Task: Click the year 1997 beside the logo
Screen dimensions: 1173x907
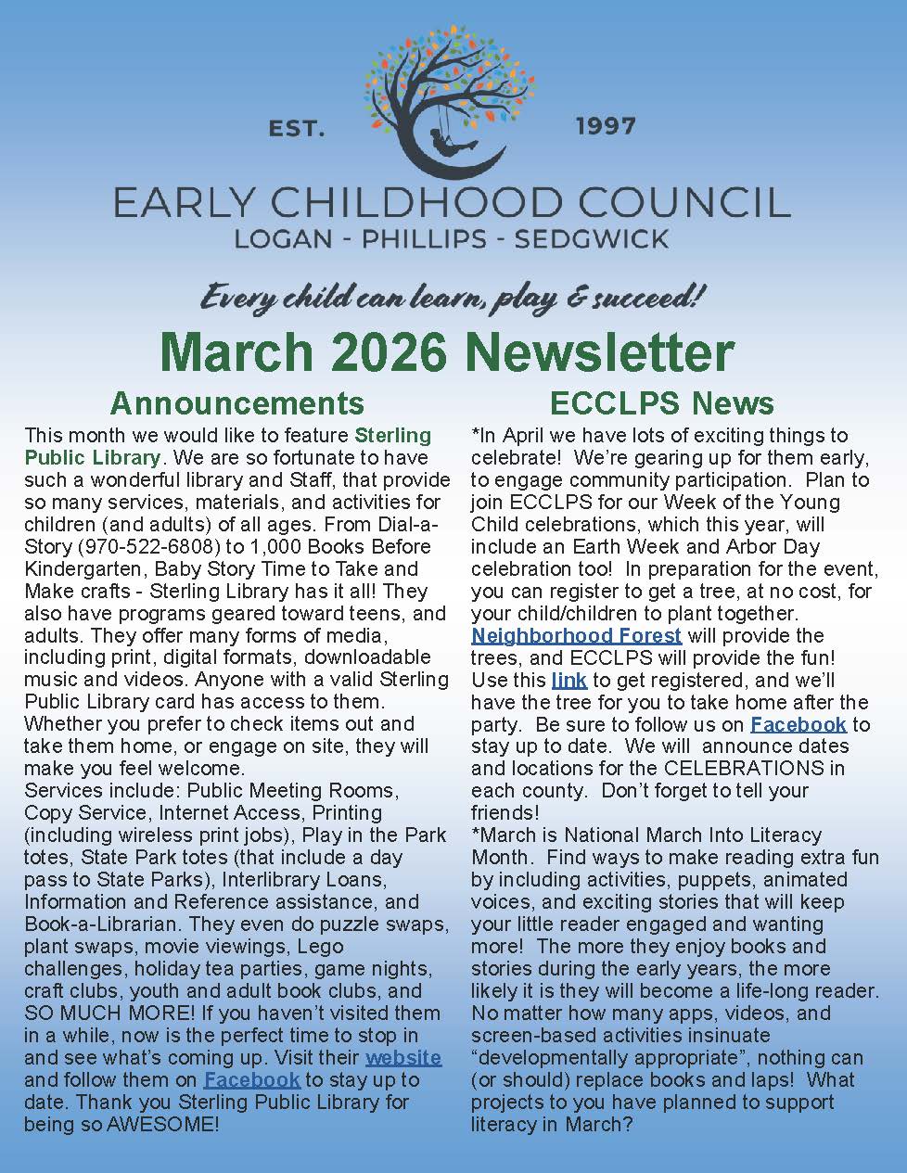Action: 605,125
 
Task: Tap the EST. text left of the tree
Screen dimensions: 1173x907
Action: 297,128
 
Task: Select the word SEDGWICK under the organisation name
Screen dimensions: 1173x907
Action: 591,238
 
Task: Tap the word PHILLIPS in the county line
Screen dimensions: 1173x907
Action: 423,238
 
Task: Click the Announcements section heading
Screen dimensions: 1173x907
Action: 236,402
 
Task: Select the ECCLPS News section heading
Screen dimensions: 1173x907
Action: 661,402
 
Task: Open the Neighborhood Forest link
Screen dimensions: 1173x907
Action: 576,635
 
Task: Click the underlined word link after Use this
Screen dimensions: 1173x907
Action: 568,680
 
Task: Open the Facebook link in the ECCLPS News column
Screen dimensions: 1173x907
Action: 798,724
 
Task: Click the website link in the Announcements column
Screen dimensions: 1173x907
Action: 402,1057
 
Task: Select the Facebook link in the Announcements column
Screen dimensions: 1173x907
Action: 251,1079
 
